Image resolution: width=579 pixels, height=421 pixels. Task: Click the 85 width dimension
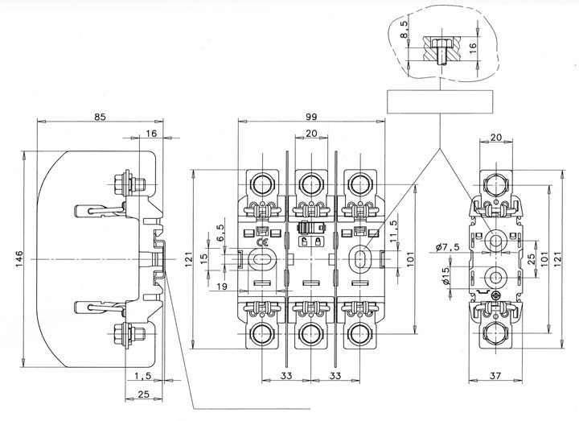pyautogui.click(x=100, y=118)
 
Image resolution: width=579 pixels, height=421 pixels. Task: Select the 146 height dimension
pyautogui.click(x=18, y=255)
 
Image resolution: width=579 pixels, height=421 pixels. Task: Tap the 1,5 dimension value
pyautogui.click(x=143, y=376)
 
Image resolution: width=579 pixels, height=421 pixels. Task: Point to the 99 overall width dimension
pyautogui.click(x=310, y=118)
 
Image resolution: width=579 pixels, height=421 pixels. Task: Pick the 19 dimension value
pyautogui.click(x=222, y=286)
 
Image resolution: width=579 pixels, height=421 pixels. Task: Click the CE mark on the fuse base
pyautogui.click(x=262, y=241)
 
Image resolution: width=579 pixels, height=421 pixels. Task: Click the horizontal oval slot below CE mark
pyautogui.click(x=262, y=259)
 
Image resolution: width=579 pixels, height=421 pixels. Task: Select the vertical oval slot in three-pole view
pyautogui.click(x=360, y=259)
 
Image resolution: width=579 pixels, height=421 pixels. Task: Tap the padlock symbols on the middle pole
pyautogui.click(x=310, y=241)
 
